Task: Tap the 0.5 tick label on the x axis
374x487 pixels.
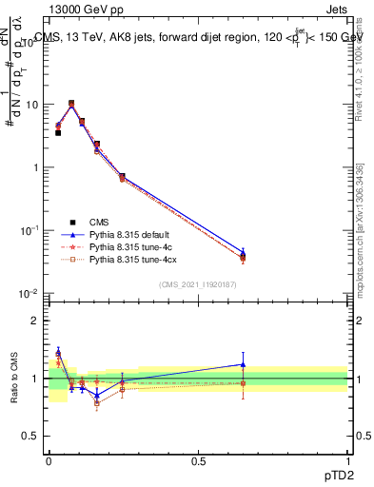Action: (x=198, y=459)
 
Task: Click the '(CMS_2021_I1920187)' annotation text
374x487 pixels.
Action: (x=198, y=284)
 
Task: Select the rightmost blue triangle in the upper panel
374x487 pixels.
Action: (x=244, y=253)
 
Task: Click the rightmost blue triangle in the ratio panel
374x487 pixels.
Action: (x=244, y=364)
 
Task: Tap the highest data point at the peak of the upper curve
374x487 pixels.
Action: (x=71, y=103)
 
